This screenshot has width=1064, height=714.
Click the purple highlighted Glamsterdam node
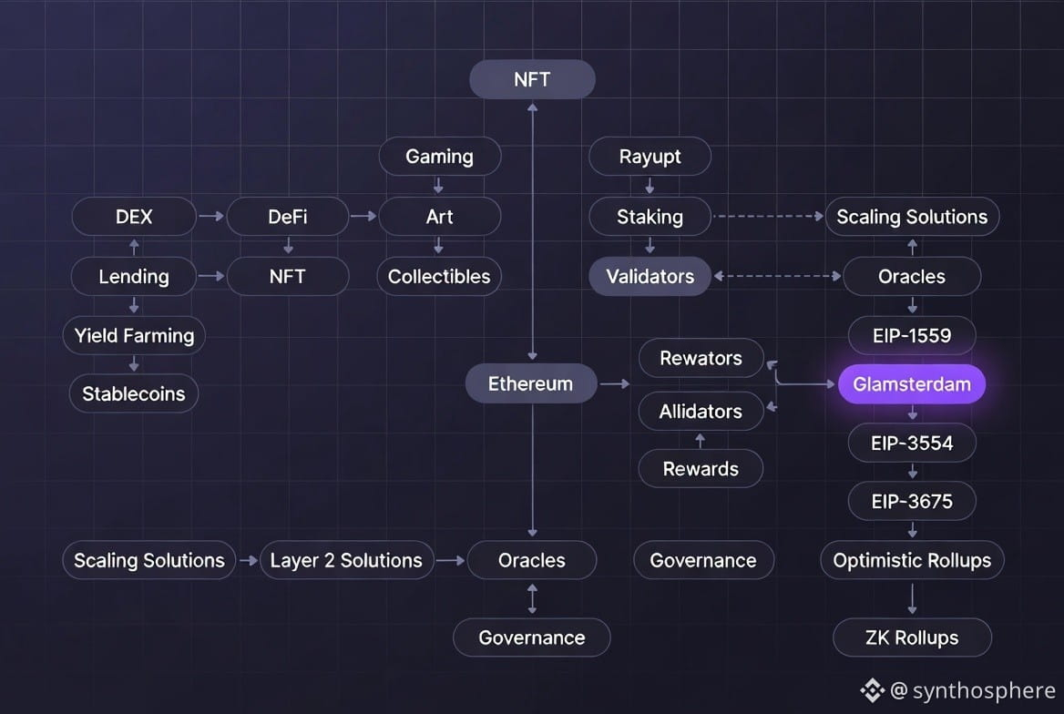[x=912, y=384]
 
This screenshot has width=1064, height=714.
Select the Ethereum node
[x=530, y=383]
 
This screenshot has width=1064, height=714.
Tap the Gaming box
[x=439, y=157]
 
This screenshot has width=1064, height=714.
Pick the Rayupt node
[x=650, y=157]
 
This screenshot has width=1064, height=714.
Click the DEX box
[x=134, y=217]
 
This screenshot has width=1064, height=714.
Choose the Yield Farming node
[x=134, y=335]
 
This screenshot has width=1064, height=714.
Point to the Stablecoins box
[x=134, y=394]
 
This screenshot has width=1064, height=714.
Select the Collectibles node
[x=439, y=277]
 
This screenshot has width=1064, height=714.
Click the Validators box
[x=650, y=277]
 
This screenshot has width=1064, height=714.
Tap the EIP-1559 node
[x=912, y=335]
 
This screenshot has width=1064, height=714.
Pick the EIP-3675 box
[x=912, y=501]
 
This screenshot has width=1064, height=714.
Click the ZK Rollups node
[x=912, y=637]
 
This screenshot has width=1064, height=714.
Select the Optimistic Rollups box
[x=912, y=560]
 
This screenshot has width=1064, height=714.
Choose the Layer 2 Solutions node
[x=346, y=560]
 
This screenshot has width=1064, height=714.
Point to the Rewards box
[x=701, y=469]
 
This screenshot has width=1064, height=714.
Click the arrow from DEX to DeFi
[x=211, y=217]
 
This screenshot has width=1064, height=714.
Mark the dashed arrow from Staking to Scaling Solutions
[x=767, y=217]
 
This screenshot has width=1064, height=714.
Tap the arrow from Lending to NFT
[x=211, y=276]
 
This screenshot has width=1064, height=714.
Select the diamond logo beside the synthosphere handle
[x=873, y=691]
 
